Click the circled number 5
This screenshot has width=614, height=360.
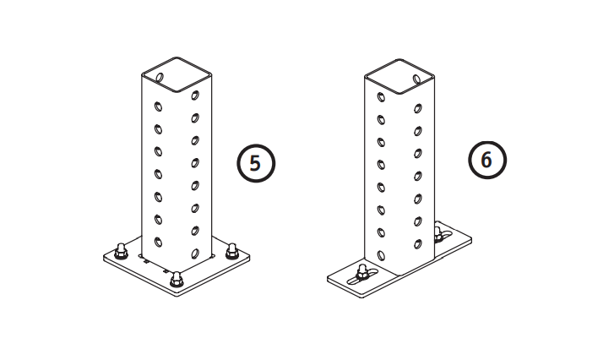point(256,163)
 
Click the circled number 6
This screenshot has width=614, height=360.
point(487,161)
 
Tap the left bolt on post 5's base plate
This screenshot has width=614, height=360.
point(121,251)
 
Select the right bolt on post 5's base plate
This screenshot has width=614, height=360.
point(232,251)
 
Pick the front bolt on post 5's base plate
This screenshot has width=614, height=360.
point(177,279)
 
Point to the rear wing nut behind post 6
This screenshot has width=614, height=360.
point(438,233)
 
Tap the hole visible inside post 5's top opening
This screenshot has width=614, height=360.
point(160,77)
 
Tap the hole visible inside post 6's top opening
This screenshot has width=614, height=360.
point(417,79)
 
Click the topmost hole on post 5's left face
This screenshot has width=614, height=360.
point(158,106)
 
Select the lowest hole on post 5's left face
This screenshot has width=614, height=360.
point(158,242)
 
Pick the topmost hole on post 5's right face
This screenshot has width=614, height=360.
point(195,95)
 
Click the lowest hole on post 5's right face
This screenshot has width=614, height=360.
point(195,254)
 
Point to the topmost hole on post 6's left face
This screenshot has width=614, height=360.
point(381,97)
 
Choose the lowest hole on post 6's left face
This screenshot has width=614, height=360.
point(381,255)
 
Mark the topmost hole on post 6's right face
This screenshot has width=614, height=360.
point(418,108)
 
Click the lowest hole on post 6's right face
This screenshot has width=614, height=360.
point(418,244)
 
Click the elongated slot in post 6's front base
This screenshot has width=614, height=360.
point(361,276)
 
